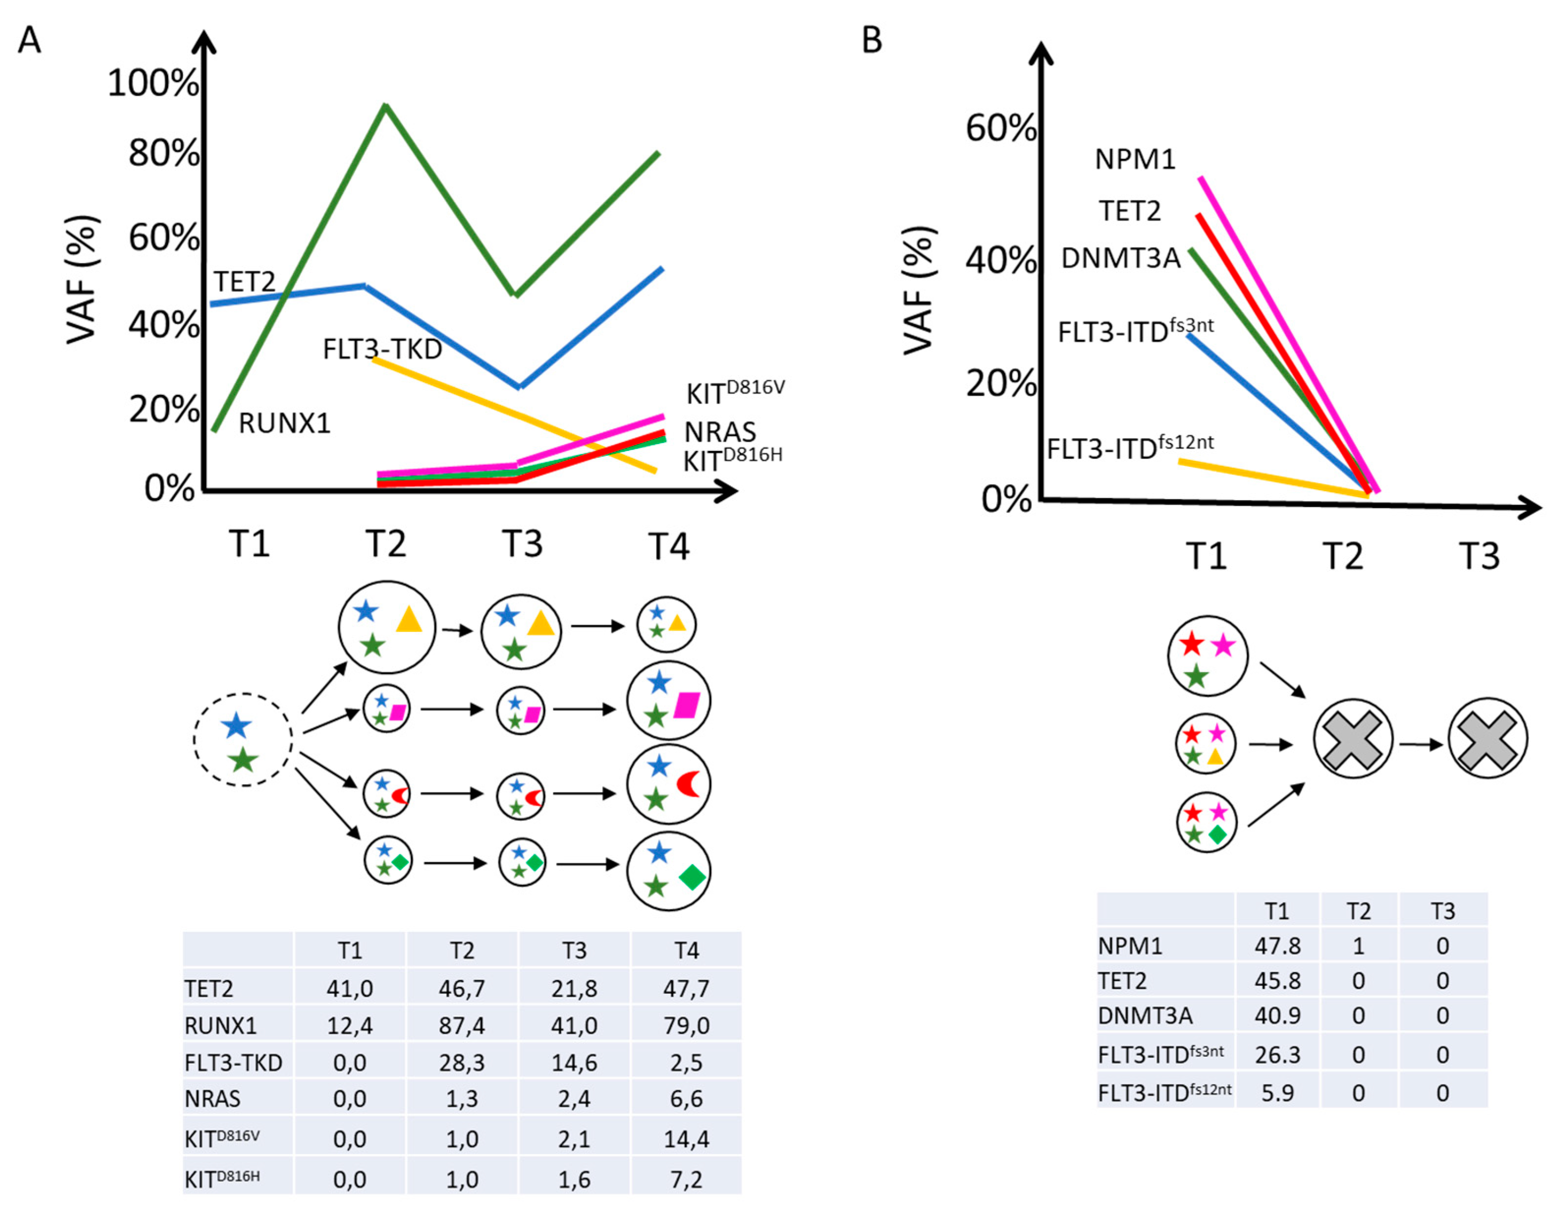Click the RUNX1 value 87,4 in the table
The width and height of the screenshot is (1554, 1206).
(462, 1025)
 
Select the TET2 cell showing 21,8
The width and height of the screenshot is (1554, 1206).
(574, 988)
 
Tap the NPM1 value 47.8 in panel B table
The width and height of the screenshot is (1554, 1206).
(1277, 946)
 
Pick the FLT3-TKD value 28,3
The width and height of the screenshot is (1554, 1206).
(462, 1062)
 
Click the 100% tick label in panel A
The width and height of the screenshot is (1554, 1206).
(153, 83)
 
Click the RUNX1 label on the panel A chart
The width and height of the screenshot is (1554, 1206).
(284, 423)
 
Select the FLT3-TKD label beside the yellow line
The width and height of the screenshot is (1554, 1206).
(382, 349)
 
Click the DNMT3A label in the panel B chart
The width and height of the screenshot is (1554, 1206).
(1121, 258)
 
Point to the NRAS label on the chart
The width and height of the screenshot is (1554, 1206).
(720, 432)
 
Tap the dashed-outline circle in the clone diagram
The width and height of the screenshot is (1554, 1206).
(243, 739)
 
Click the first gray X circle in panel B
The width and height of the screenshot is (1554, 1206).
(1353, 738)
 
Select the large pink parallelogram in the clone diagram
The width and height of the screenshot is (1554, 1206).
(686, 705)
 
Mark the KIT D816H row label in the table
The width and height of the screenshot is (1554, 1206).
(222, 1178)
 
